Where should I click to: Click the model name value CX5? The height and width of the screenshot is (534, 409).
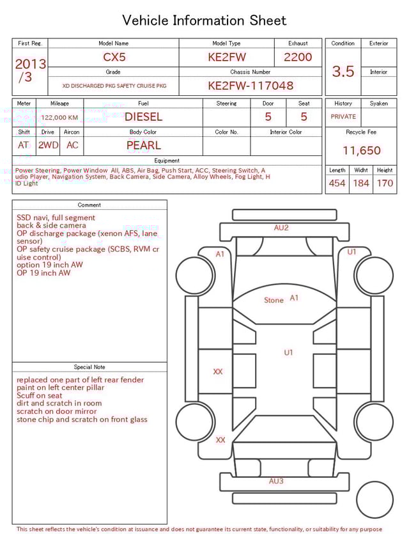pyautogui.click(x=113, y=57)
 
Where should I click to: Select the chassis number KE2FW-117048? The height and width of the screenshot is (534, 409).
pyautogui.click(x=251, y=85)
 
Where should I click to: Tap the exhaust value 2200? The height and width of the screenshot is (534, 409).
pyautogui.click(x=298, y=57)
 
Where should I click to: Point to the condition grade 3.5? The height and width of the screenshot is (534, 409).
pyautogui.click(x=343, y=72)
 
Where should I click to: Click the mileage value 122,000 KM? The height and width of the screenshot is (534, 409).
pyautogui.click(x=59, y=118)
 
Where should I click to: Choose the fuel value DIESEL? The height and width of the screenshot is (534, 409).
pyautogui.click(x=143, y=117)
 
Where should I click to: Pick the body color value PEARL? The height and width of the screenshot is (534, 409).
pyautogui.click(x=143, y=145)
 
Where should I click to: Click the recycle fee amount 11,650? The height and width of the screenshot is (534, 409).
pyautogui.click(x=361, y=151)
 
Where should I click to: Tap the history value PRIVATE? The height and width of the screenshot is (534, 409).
pyautogui.click(x=343, y=117)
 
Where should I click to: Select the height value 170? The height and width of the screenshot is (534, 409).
pyautogui.click(x=385, y=184)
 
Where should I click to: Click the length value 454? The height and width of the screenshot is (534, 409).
pyautogui.click(x=337, y=184)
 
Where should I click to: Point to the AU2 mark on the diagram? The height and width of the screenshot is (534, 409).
pyautogui.click(x=281, y=228)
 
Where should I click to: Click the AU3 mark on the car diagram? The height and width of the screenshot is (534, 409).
pyautogui.click(x=276, y=481)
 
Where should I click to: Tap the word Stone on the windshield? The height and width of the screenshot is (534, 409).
pyautogui.click(x=274, y=300)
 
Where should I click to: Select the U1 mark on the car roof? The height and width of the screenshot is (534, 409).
pyautogui.click(x=288, y=352)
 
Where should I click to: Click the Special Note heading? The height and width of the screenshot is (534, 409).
pyautogui.click(x=89, y=367)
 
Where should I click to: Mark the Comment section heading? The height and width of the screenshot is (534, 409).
pyautogui.click(x=89, y=205)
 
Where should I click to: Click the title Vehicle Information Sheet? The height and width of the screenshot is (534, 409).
pyautogui.click(x=204, y=20)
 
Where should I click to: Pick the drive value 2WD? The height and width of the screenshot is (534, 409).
pyautogui.click(x=48, y=145)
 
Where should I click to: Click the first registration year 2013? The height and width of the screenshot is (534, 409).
pyautogui.click(x=30, y=64)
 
